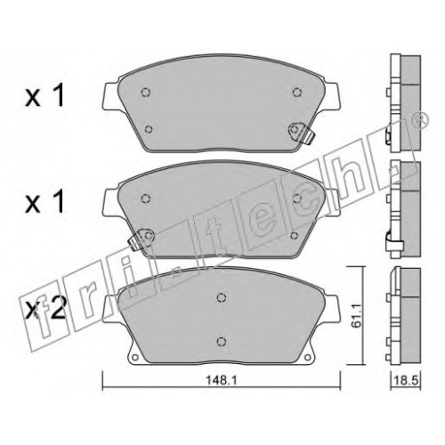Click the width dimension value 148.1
pos(222,381)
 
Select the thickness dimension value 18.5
pos(406,380)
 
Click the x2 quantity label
pos(46,310)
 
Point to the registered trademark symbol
pos(421,121)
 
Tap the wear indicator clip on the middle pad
pos(141,239)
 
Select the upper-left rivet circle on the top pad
pos(145,93)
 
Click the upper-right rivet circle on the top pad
pos(296,93)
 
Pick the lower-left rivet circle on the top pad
pos(149,129)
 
